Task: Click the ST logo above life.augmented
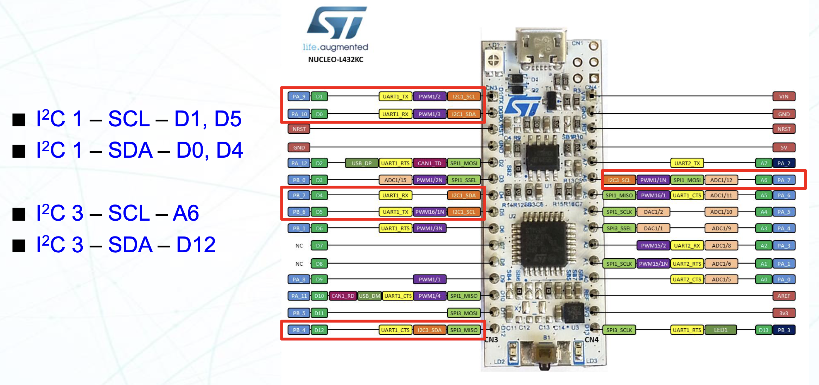pos(337,23)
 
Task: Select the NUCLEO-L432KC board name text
pos(336,59)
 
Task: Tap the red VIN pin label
pos(783,96)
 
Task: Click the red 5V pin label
pos(783,147)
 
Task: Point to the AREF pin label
pos(783,296)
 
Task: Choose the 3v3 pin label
pos(783,313)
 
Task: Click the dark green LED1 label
pos(720,330)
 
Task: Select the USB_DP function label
pos(361,163)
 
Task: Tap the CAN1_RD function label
pos(343,296)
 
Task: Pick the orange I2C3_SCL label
pos(619,180)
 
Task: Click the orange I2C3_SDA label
pos(429,330)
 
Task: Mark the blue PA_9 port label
pos(299,96)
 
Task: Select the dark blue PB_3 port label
pos(784,330)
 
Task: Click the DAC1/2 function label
pos(653,212)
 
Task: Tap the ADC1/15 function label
pos(395,180)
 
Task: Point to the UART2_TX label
pos(687,163)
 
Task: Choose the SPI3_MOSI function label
pos(464,313)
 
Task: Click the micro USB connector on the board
pos(541,49)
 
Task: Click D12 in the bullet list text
pos(196,245)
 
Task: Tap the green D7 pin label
pos(319,246)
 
